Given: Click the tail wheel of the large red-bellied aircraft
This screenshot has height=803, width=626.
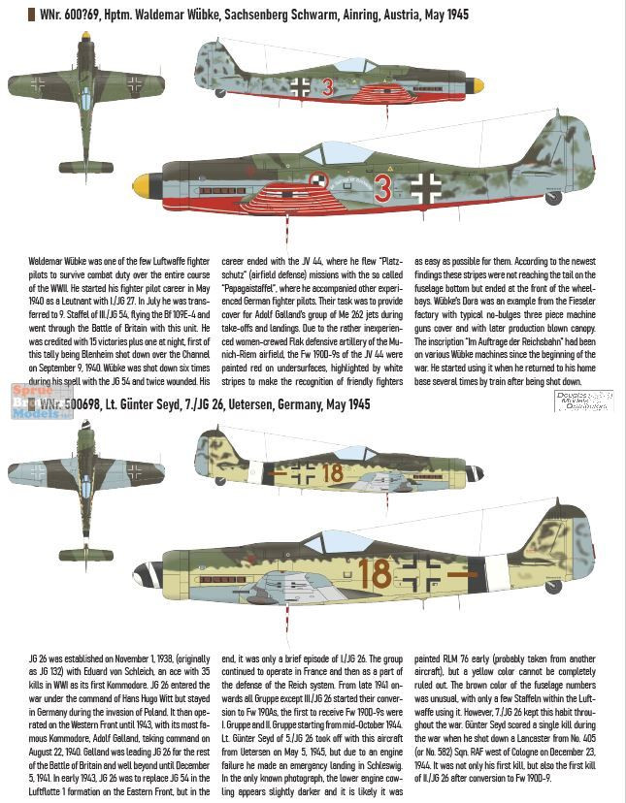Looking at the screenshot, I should point(554,198).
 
